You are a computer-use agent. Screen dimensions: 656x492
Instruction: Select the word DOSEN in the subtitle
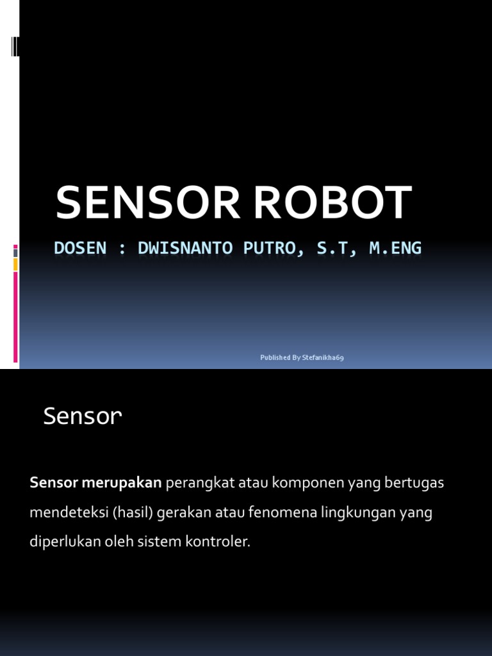tap(80, 249)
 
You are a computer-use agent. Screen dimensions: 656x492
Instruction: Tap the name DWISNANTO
tap(176, 249)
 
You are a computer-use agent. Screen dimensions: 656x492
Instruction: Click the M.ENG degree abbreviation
tap(395, 249)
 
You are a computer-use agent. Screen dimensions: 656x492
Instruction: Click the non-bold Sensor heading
tap(82, 417)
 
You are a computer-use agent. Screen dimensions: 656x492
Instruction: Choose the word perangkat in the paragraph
tap(200, 483)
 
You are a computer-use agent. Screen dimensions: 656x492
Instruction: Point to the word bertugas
tap(414, 483)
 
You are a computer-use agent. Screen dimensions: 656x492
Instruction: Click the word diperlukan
tap(67, 541)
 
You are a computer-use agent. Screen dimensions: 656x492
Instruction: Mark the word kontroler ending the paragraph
tap(218, 541)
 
